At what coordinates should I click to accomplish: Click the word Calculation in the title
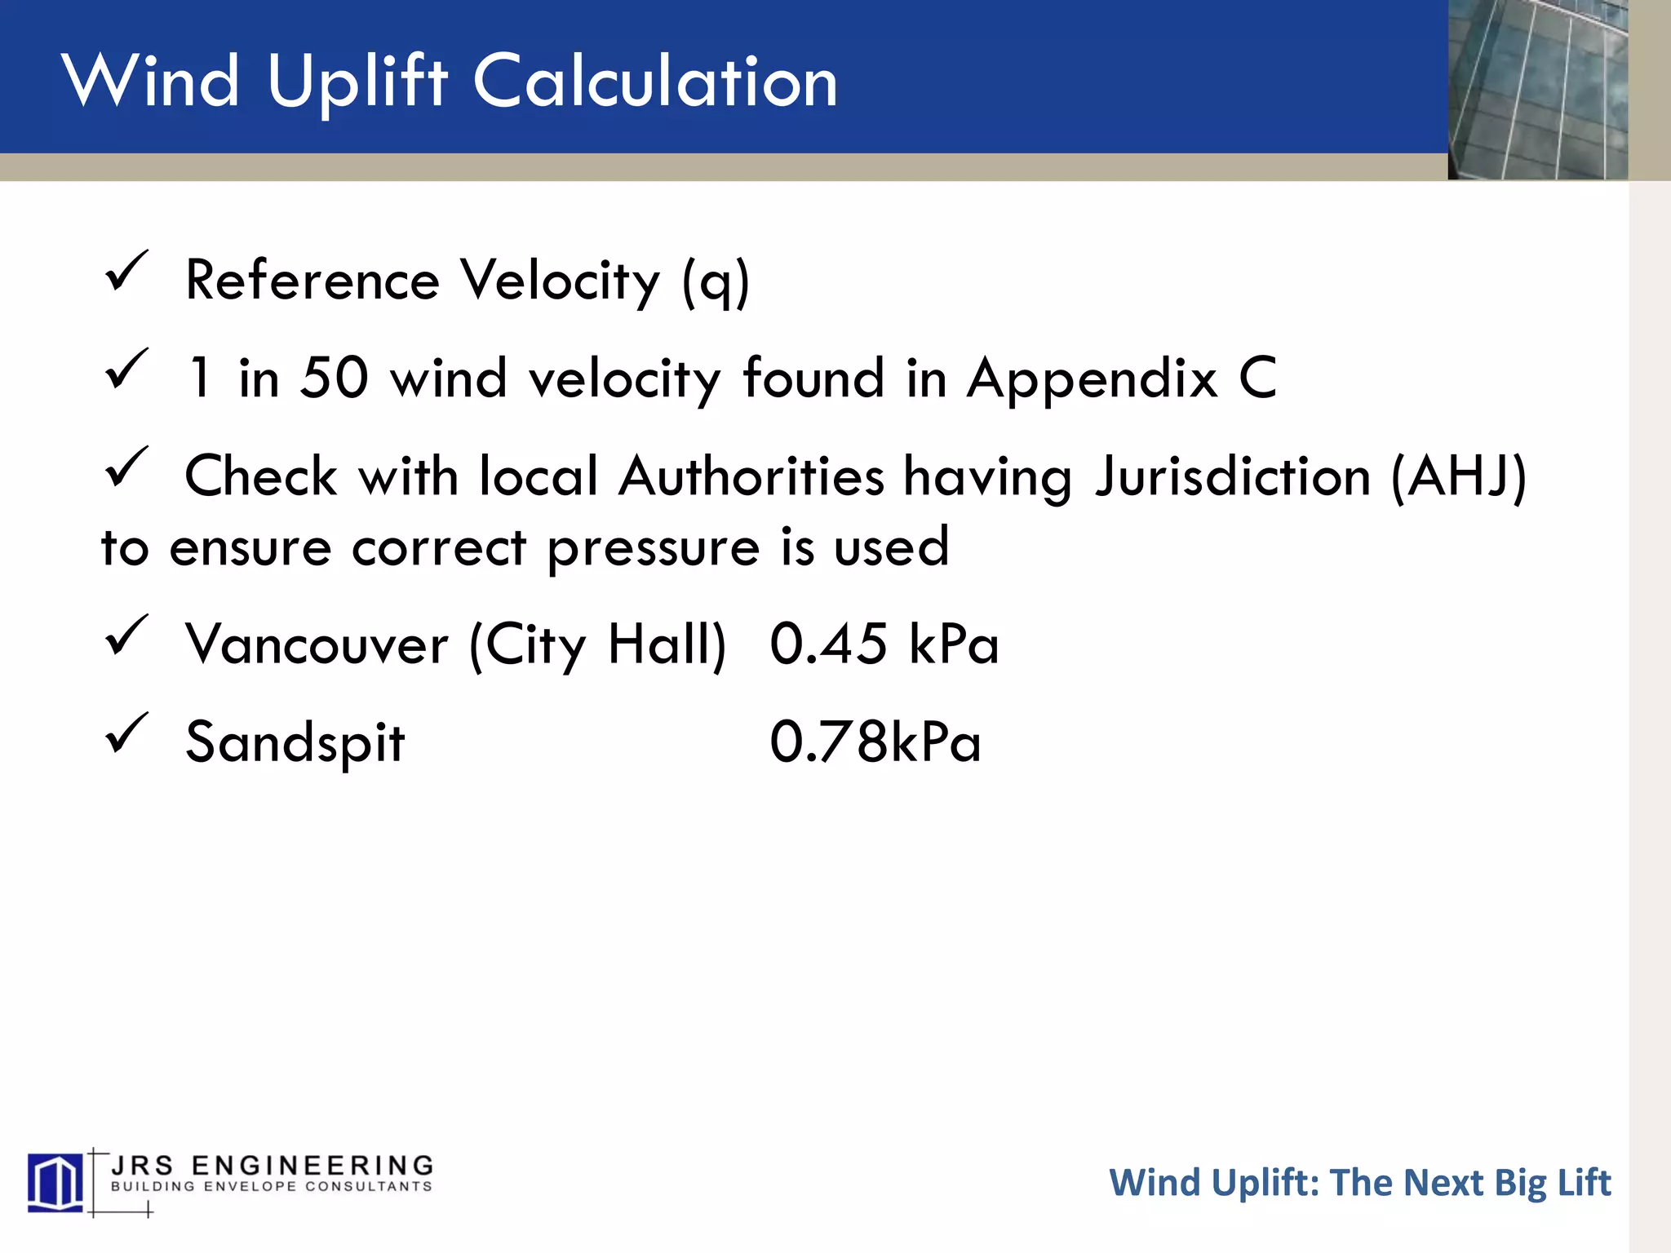click(x=655, y=82)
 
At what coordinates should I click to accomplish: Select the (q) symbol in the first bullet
click(x=716, y=281)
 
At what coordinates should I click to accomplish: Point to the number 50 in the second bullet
click(x=334, y=378)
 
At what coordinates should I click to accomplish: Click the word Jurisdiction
click(x=1233, y=476)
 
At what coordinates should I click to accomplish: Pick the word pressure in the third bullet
click(x=653, y=548)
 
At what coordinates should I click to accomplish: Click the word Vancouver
click(x=317, y=644)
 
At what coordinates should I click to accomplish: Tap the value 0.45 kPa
click(x=884, y=644)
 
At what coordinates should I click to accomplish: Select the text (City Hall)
click(x=597, y=644)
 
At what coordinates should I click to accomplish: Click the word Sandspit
click(x=295, y=743)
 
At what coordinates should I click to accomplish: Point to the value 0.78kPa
click(x=875, y=742)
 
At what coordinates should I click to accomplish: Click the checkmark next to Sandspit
click(x=126, y=733)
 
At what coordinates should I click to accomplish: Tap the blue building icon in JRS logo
click(x=55, y=1182)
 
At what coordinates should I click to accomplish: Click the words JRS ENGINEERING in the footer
click(x=272, y=1165)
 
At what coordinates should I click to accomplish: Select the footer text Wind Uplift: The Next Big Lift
click(x=1359, y=1183)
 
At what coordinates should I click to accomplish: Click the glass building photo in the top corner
click(x=1537, y=90)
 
